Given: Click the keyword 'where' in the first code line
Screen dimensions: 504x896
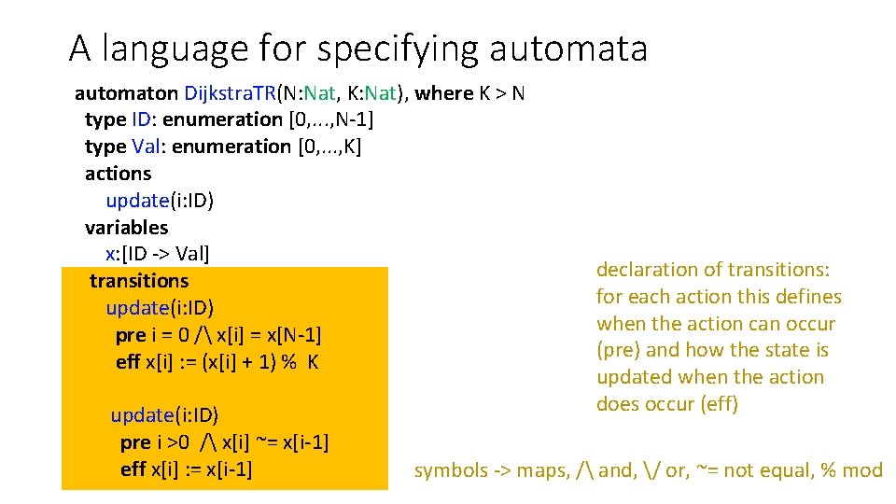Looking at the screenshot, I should click(x=444, y=93).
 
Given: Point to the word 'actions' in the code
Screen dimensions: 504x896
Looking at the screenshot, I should click(x=118, y=174).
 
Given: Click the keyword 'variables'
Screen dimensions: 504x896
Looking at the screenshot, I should click(x=126, y=228).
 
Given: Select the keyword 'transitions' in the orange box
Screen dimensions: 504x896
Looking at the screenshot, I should click(x=139, y=281).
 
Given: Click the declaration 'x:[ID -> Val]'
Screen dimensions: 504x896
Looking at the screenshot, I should click(x=158, y=254).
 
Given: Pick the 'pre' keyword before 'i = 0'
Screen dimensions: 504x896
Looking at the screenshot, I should click(x=130, y=335).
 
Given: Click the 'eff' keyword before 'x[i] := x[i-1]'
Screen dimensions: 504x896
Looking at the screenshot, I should click(x=133, y=469).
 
